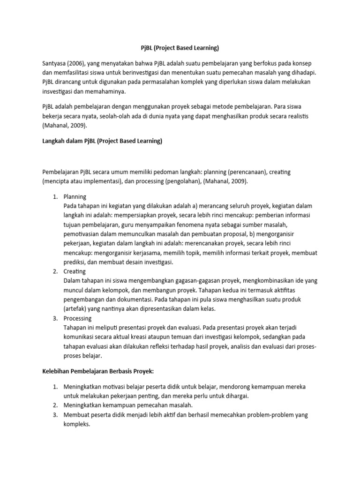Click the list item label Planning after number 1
[x=75, y=196]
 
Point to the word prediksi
[x=76, y=262]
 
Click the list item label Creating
[x=75, y=271]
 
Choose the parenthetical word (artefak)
[x=77, y=309]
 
